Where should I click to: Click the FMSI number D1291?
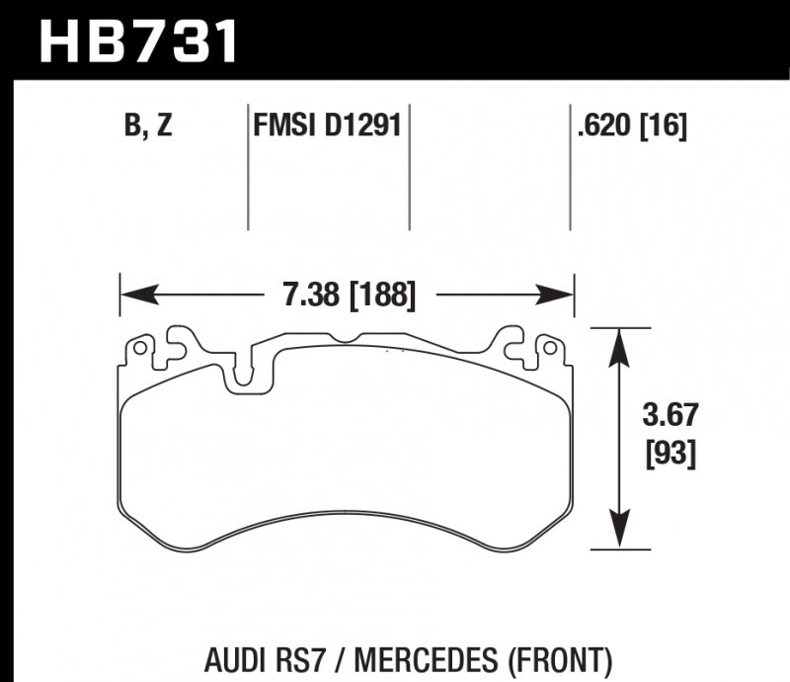pyautogui.click(x=357, y=127)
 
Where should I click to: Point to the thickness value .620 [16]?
pyautogui.click(x=629, y=127)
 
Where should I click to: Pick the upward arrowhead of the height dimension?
pyautogui.click(x=619, y=341)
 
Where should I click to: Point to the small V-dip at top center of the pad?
pyautogui.click(x=344, y=339)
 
